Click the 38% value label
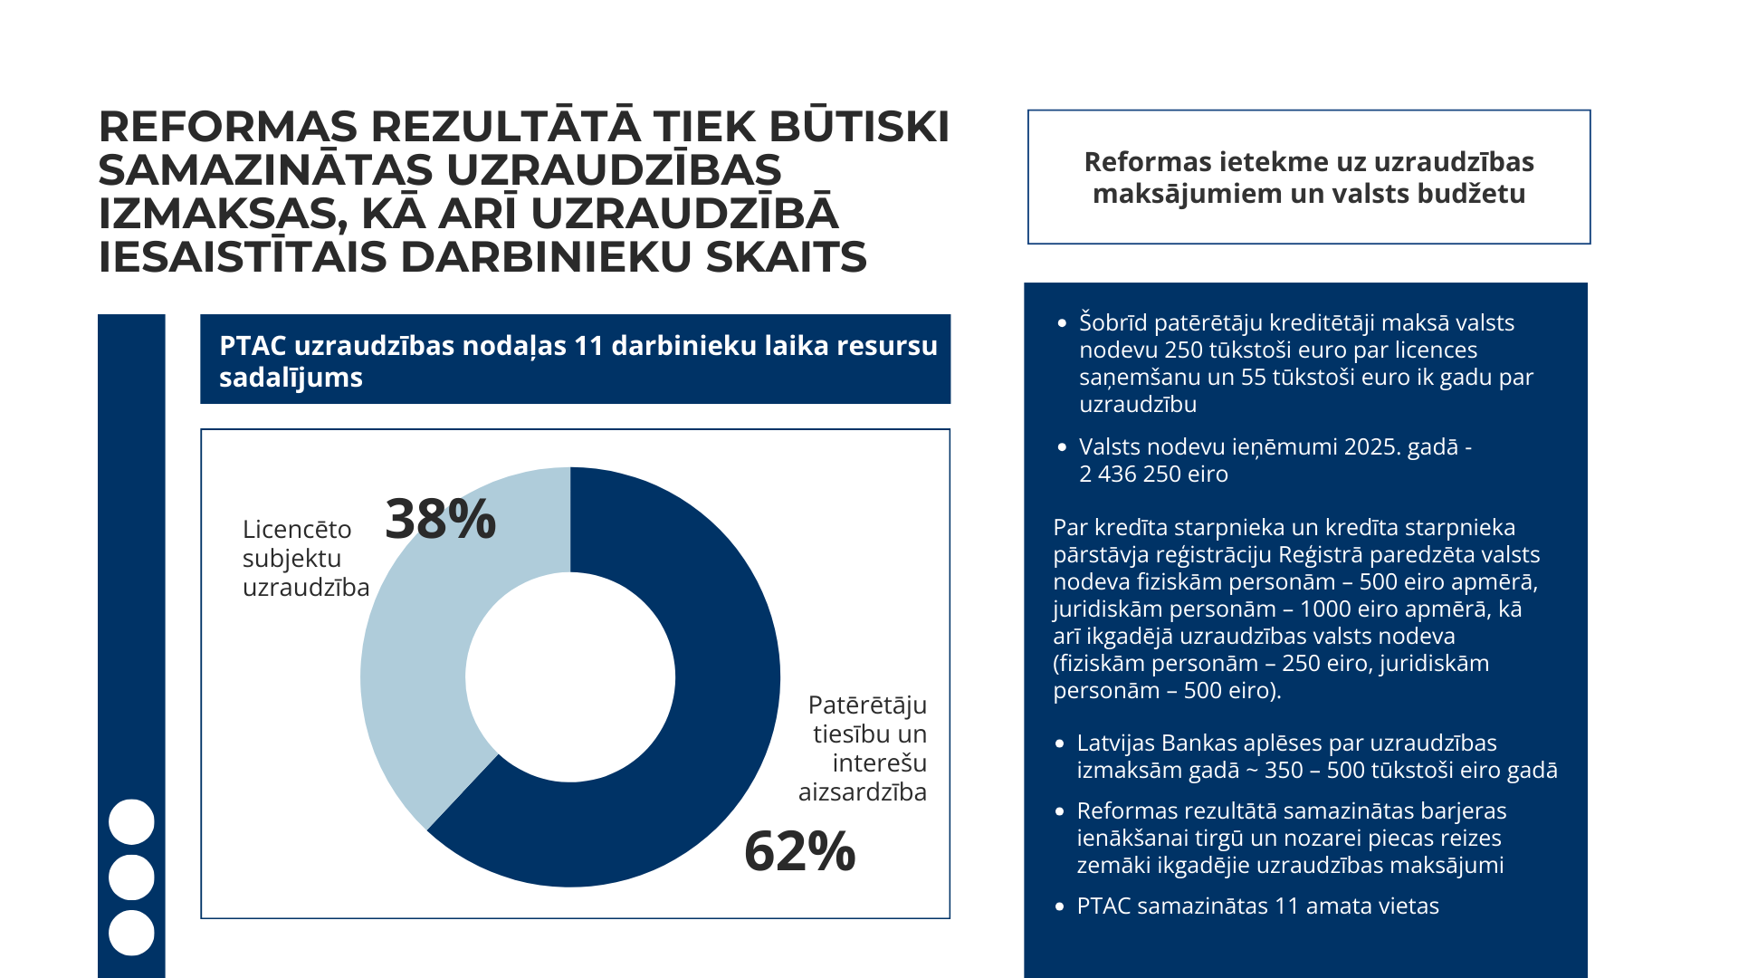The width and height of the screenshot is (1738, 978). [x=441, y=520]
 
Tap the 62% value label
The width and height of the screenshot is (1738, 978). [x=799, y=851]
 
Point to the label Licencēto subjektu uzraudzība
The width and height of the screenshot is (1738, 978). [x=305, y=558]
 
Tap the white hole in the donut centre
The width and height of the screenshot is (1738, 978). [x=570, y=677]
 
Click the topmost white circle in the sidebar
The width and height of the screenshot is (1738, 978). [x=131, y=822]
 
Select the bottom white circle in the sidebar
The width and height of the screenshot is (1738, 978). [x=131, y=933]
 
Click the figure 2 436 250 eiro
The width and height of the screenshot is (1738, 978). [x=1153, y=474]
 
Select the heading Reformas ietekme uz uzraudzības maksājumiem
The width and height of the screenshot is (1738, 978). [x=1309, y=177]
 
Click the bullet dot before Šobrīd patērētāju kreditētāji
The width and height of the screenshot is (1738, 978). [x=1062, y=323]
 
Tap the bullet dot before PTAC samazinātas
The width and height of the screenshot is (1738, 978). [x=1060, y=906]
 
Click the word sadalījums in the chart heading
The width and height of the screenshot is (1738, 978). [x=291, y=378]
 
